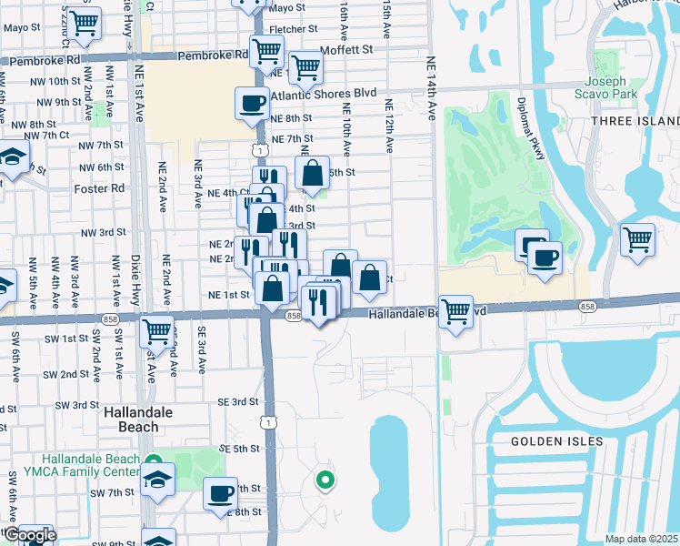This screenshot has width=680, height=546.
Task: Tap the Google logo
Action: [x=30, y=535]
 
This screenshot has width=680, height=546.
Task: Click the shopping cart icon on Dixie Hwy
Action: [x=157, y=331]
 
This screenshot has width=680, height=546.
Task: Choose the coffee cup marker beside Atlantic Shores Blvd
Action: [x=252, y=103]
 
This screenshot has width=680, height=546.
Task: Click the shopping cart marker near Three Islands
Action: [x=637, y=240]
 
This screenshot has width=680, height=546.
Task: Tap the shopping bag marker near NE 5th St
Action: [x=312, y=173]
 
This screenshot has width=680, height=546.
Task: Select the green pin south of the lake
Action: [x=324, y=480]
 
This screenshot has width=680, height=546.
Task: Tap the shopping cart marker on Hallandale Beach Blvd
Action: [x=455, y=311]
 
